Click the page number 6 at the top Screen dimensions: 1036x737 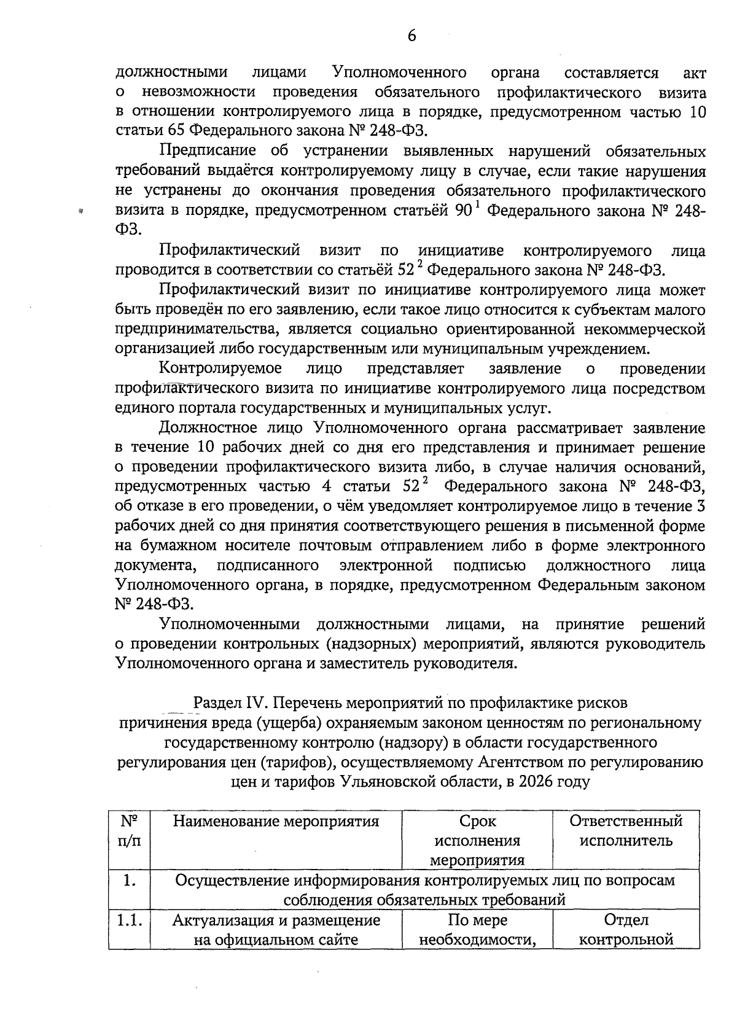411,36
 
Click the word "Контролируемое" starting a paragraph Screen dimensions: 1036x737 220,368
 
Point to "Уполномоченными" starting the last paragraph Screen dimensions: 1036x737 230,625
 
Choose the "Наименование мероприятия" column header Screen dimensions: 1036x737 276,822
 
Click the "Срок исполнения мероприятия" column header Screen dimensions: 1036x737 477,840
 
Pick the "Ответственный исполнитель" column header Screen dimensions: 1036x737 626,831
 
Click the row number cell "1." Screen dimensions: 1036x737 129,881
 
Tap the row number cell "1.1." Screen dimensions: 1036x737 129,921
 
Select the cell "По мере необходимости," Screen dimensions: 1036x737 477,930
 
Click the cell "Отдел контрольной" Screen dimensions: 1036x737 626,930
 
